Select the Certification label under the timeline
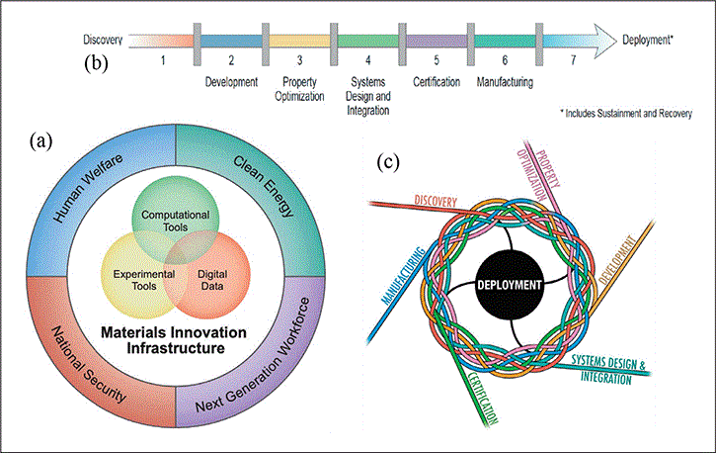point(436,83)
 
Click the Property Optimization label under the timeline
point(299,89)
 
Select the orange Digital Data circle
point(208,279)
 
